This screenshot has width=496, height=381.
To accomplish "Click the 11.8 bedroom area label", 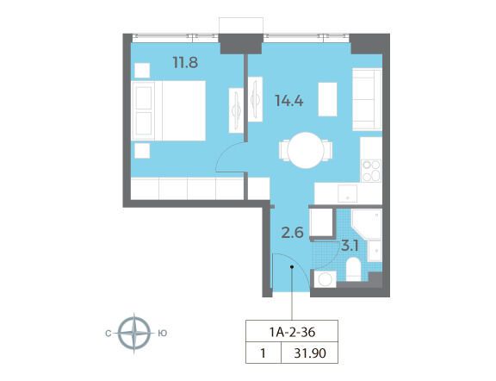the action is pos(185,62).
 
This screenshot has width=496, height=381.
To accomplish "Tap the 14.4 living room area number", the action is pos(289,101).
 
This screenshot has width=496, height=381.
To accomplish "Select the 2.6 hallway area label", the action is pos(293,233).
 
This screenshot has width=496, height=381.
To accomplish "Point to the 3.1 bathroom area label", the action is pos(350,246).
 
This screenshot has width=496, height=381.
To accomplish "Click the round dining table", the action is pos(305,150).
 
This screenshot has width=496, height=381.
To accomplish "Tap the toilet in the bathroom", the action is pos(353,269).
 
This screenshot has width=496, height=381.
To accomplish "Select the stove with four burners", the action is pos(371,171).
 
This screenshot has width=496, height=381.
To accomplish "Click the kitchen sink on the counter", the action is pos(347,193).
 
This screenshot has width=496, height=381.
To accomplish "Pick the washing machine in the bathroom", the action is pos(325,279).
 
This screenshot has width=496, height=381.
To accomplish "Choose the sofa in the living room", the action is pos(367,99).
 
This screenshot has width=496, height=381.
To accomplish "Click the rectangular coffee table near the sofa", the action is pos(327,99).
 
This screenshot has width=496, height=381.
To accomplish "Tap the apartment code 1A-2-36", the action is pos(292,332).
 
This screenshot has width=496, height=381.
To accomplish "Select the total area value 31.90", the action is pos(310,353).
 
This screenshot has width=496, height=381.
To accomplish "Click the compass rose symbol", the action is pos(134,334).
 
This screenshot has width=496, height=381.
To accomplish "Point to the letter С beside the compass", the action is pos(108,334).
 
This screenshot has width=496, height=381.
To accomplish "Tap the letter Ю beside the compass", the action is pos(162,334).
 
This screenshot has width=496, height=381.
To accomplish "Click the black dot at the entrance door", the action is pos(292,267).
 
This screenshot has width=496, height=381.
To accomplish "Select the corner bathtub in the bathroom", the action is pos(367,224).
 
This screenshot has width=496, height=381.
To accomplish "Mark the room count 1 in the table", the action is pos(263,353).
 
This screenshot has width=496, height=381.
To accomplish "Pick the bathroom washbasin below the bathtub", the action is pos(375,251).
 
